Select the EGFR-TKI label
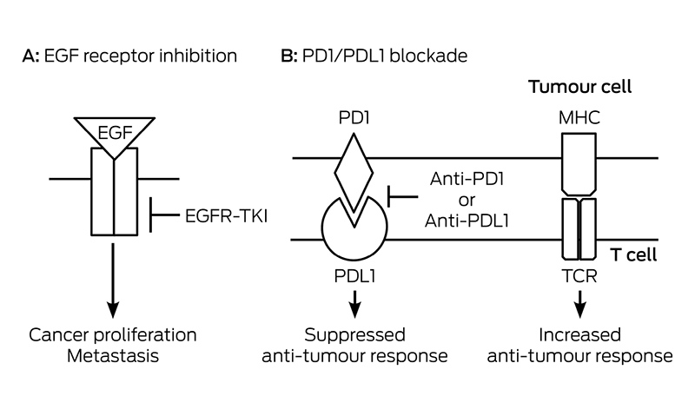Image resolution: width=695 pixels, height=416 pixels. [226, 216]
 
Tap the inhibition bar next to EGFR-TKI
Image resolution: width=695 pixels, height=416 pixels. [164, 215]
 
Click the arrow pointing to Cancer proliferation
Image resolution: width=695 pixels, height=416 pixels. [113, 280]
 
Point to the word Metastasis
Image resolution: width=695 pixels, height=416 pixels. [113, 356]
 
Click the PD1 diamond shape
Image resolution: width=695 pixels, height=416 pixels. [354, 172]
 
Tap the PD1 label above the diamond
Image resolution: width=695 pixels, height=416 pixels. [354, 117]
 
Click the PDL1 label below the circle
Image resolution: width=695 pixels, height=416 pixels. [354, 276]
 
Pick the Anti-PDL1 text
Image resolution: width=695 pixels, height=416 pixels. [467, 221]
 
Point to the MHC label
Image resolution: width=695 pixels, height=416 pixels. [579, 118]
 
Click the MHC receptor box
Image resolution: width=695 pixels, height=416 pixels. [579, 164]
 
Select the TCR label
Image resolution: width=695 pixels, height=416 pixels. [579, 276]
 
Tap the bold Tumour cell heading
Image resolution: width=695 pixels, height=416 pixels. [579, 87]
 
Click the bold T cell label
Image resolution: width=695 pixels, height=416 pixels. [633, 254]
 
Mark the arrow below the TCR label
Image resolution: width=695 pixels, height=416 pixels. [579, 304]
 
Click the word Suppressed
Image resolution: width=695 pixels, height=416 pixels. [354, 335]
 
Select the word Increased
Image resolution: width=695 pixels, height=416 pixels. [579, 335]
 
